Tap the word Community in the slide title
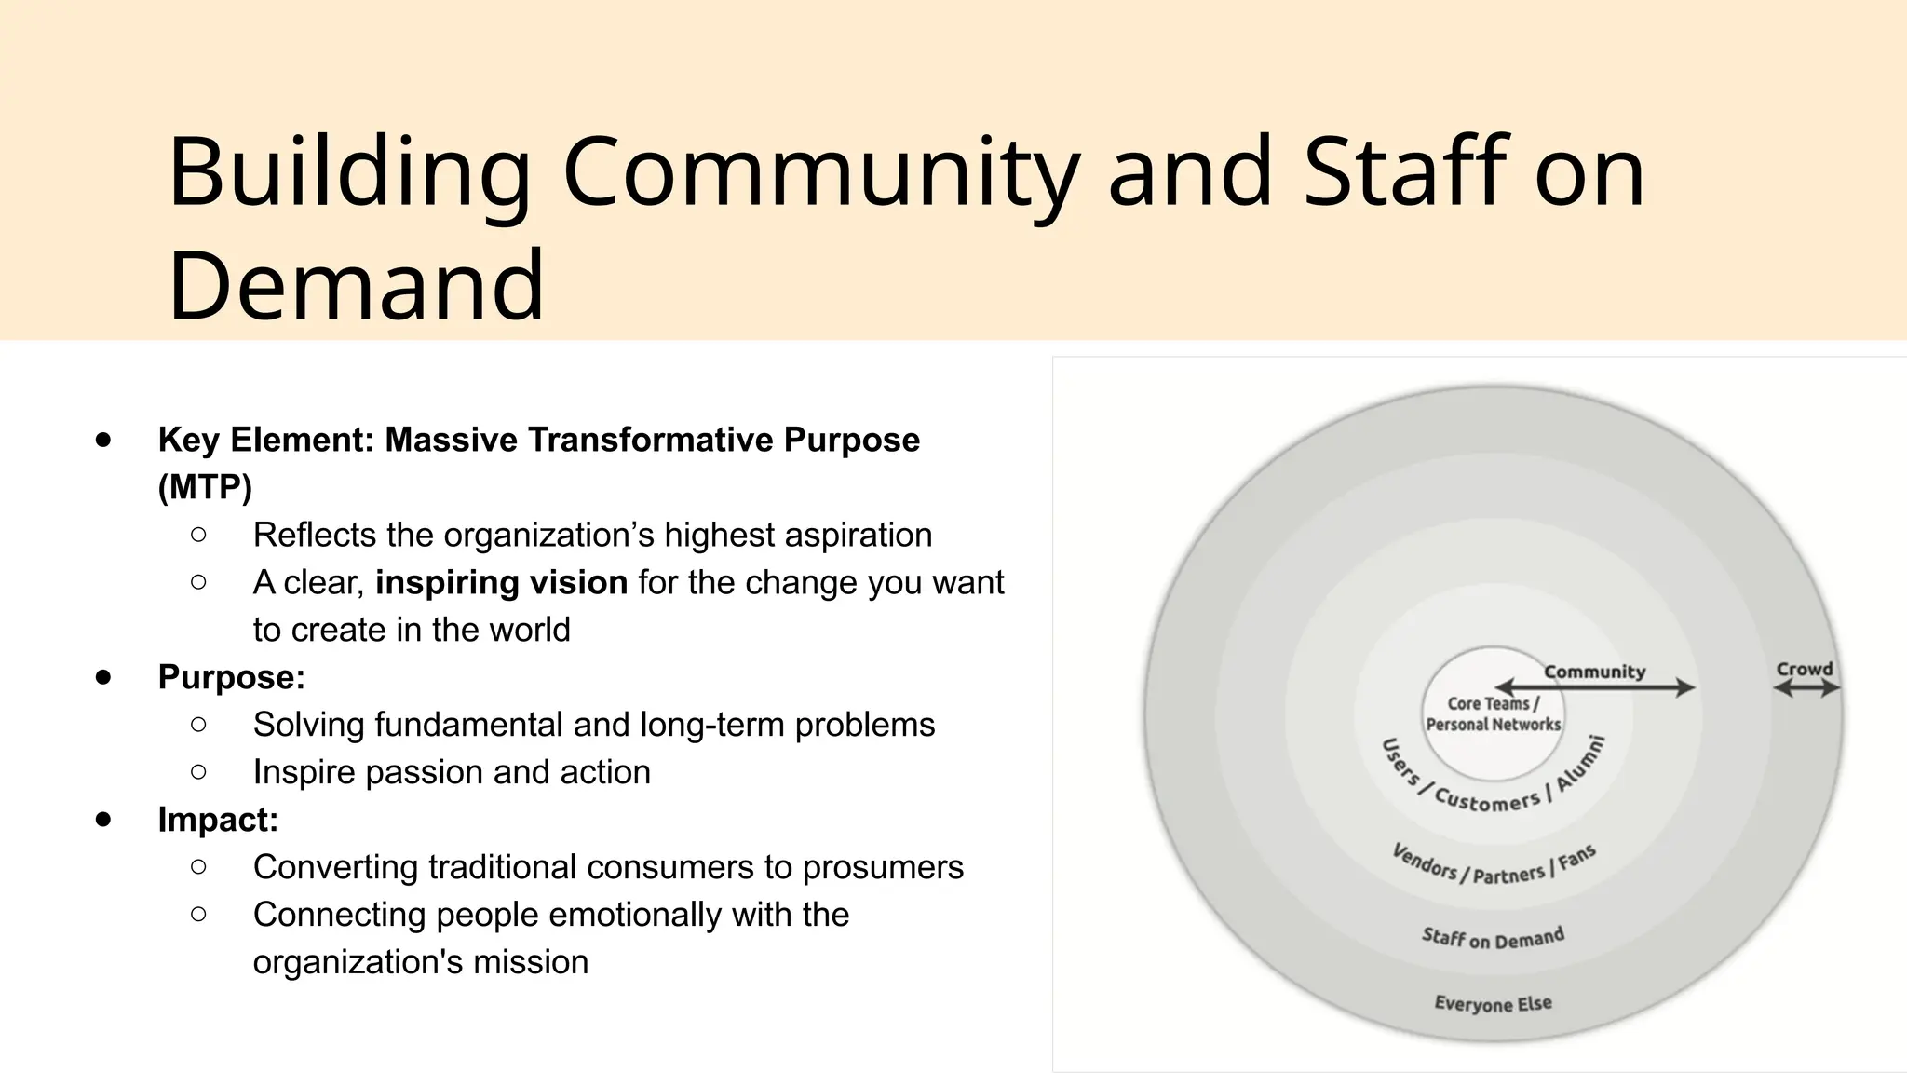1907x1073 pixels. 820,172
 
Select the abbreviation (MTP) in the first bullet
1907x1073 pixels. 205,487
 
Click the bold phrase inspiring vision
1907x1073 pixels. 502,583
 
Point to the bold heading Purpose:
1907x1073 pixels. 232,677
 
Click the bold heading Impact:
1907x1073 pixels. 218,820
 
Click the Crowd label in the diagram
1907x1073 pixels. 1804,669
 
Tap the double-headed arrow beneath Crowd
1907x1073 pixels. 1806,688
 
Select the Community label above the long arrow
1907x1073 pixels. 1594,672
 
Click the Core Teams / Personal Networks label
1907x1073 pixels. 1493,714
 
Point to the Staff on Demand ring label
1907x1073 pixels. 1493,938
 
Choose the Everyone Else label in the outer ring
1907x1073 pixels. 1493,1003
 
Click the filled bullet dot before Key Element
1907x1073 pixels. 103,440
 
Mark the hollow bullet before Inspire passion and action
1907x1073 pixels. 198,772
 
